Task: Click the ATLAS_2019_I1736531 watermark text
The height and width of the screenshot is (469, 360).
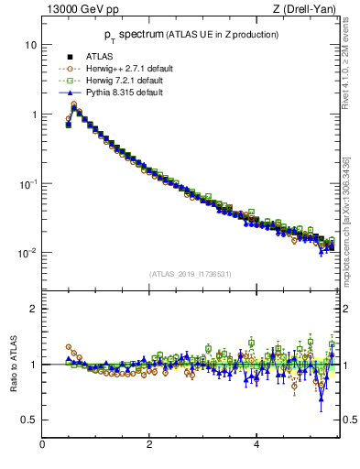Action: point(189,274)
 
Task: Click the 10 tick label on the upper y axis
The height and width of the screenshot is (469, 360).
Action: point(30,45)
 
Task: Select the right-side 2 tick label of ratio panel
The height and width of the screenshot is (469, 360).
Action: point(346,309)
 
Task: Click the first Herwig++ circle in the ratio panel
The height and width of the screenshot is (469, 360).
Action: point(69,347)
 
